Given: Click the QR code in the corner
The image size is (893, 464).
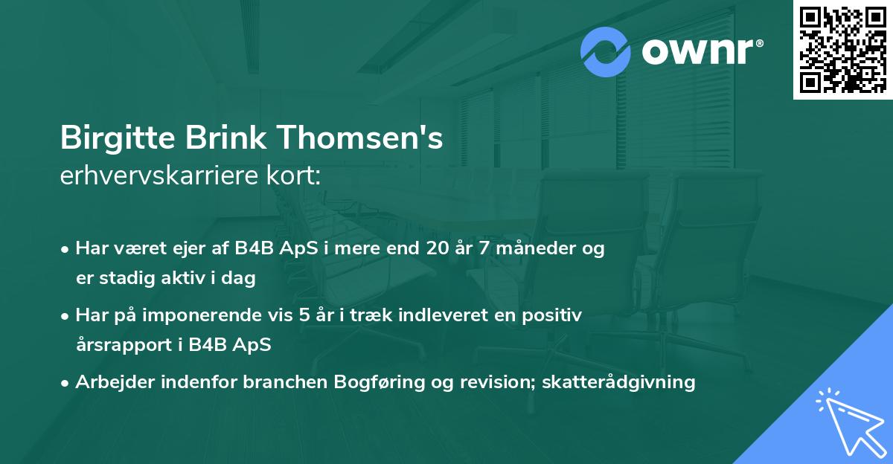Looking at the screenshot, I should pyautogui.click(x=842, y=50).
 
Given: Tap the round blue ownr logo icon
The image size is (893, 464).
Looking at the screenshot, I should pyautogui.click(x=606, y=52).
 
